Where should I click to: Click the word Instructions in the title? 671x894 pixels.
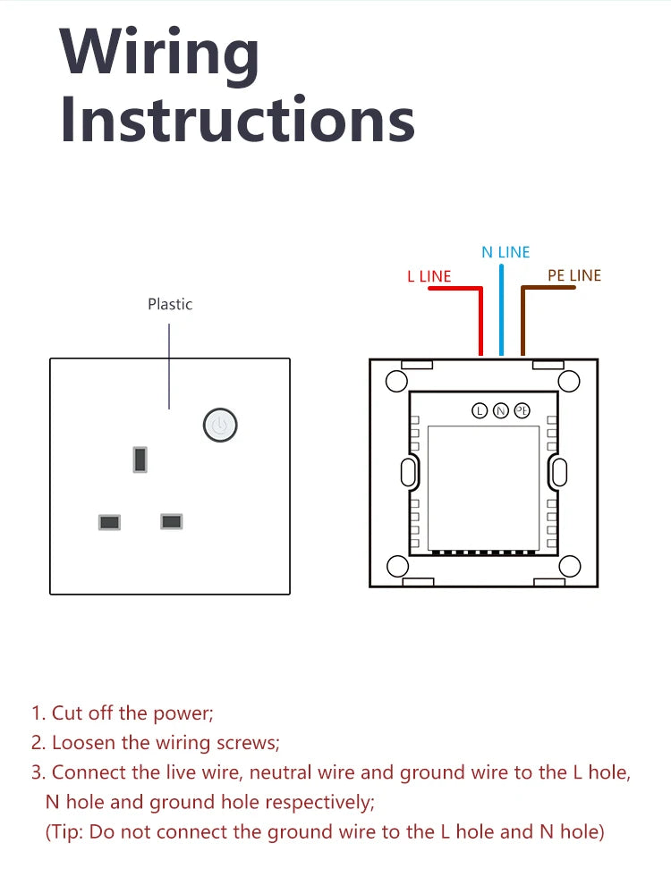[237, 120]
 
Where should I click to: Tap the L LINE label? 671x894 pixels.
[429, 276]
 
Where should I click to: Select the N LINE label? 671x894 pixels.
[505, 252]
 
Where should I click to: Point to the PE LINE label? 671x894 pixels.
[574, 275]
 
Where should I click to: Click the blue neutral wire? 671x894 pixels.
[501, 309]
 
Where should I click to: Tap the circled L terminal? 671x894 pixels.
[480, 410]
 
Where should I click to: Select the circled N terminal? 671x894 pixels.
[500, 410]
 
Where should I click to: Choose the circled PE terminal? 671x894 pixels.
[522, 410]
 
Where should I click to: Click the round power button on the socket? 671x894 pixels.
[220, 426]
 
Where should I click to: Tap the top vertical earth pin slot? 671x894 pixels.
[140, 460]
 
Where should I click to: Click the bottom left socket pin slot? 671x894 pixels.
[109, 522]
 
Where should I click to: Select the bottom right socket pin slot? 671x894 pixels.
[171, 521]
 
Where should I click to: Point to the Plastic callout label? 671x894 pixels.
[170, 305]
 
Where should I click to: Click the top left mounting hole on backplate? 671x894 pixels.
[396, 382]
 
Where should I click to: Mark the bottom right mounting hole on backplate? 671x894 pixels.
[569, 566]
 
